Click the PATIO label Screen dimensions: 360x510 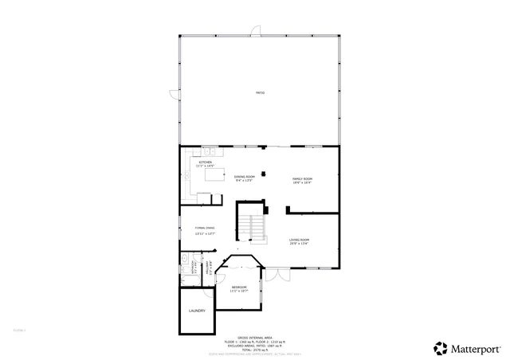coord(260,93)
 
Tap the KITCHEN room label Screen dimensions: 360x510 coord(206,163)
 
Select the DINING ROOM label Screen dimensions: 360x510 coord(245,178)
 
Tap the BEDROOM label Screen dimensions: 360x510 coord(239,288)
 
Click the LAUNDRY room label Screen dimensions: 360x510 coord(197,311)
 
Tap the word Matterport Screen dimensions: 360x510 coord(478,348)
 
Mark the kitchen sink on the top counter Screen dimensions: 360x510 coord(205,151)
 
